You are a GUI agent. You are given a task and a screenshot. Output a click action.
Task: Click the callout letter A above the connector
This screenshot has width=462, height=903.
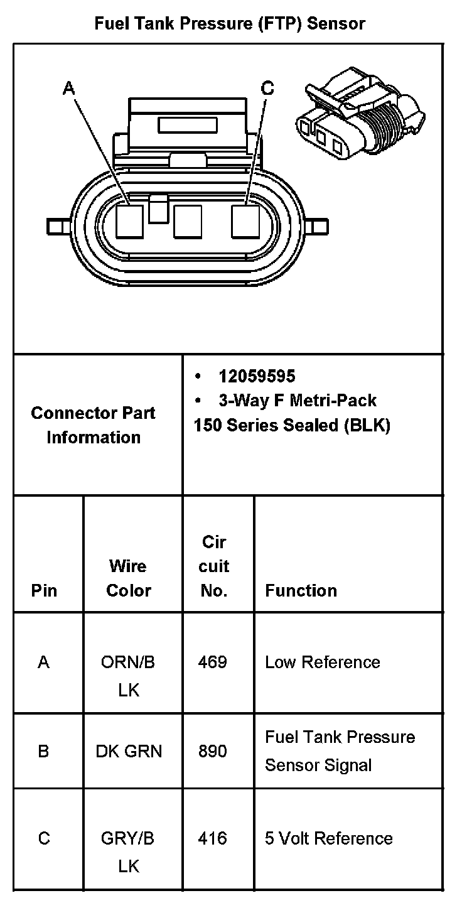pos(69,89)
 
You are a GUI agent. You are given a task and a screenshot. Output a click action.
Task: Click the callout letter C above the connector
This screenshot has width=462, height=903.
pos(267,89)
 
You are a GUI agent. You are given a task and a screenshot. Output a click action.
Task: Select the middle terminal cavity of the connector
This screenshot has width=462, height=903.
pos(187,221)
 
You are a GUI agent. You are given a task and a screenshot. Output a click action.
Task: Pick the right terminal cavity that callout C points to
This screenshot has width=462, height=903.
pos(245,221)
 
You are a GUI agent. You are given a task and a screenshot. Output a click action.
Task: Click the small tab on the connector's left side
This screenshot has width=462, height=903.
pos(58,225)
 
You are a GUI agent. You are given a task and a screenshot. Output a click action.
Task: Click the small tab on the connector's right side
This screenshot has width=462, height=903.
pos(319,225)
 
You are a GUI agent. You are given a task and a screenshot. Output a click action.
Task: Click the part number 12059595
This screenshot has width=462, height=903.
pos(257,376)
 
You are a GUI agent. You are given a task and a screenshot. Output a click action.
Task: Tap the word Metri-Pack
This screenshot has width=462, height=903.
pos(333,400)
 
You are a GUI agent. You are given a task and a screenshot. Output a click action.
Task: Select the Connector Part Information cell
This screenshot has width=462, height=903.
pos(94,425)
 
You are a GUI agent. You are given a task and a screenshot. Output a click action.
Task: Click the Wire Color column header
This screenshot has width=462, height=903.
pos(129,578)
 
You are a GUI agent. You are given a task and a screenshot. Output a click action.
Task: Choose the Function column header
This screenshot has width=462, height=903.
pos(301,590)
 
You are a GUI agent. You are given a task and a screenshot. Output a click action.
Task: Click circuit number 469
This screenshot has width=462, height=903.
pos(212,662)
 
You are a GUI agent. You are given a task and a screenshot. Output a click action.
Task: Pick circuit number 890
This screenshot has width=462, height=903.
pos(212,750)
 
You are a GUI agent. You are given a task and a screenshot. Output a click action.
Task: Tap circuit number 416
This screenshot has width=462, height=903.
pos(212,838)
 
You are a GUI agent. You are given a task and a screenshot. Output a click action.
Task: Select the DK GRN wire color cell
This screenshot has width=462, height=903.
pos(129,750)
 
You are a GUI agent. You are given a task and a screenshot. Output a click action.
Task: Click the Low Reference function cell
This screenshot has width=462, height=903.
pos(323,662)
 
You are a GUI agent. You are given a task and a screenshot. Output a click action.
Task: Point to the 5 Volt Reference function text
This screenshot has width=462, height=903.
pos(329,838)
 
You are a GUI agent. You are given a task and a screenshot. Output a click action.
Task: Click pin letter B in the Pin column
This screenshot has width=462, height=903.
pos(43,750)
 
